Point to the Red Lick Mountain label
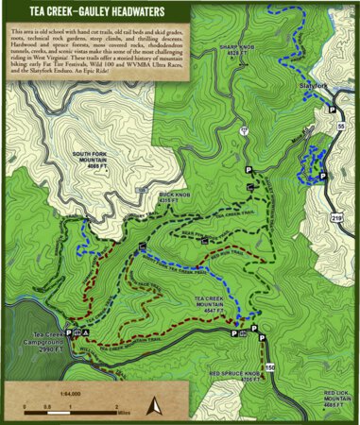(x=337, y=396)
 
